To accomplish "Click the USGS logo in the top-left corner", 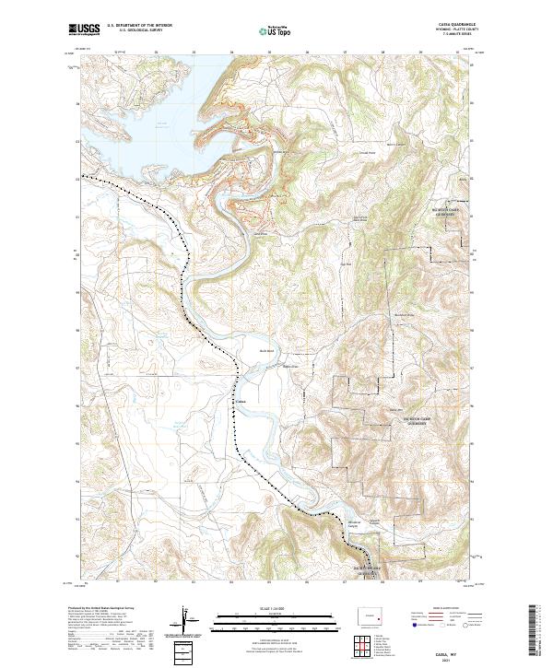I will (85, 29).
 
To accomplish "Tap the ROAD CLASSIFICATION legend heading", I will (448, 608).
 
